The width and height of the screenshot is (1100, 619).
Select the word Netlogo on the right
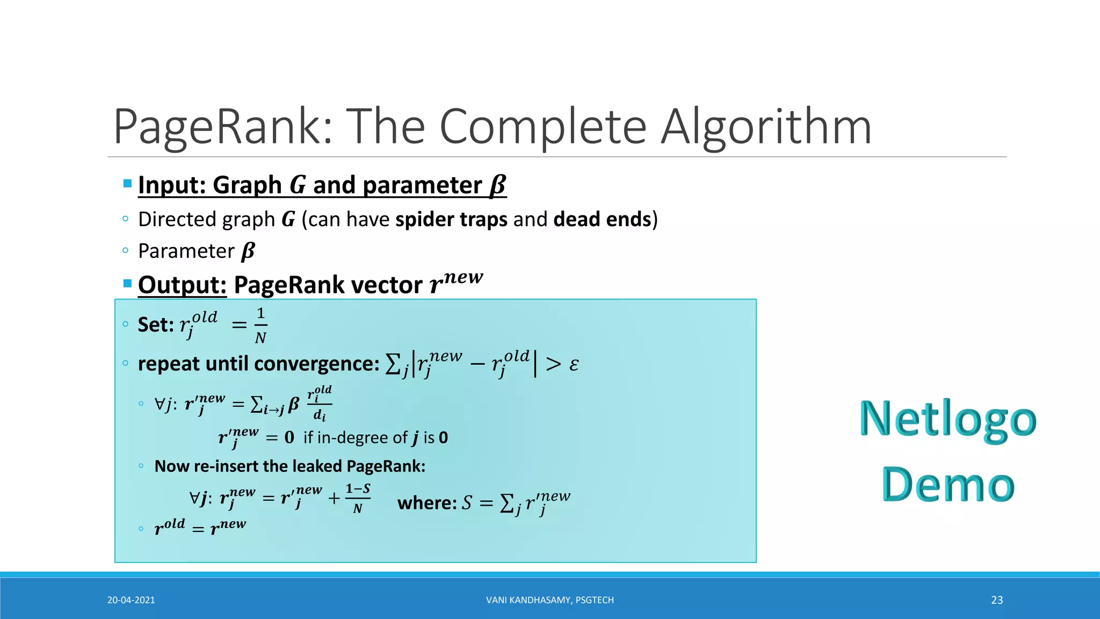(x=948, y=419)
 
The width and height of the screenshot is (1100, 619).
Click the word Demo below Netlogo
(x=948, y=484)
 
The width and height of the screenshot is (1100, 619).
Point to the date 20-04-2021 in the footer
(x=131, y=600)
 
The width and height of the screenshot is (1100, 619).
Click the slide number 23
(x=997, y=600)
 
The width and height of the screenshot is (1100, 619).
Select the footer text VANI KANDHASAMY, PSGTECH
(x=549, y=600)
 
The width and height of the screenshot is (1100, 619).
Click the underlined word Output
(x=182, y=285)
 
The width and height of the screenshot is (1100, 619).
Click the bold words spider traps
(x=451, y=219)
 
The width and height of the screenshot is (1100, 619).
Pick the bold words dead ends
(x=602, y=219)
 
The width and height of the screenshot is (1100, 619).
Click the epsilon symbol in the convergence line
(x=574, y=364)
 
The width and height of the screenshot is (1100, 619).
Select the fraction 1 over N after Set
(x=260, y=325)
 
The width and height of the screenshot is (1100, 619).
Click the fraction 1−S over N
(x=358, y=498)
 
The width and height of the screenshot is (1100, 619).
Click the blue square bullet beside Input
(x=127, y=183)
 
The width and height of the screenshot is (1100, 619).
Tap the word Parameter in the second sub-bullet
(x=186, y=251)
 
